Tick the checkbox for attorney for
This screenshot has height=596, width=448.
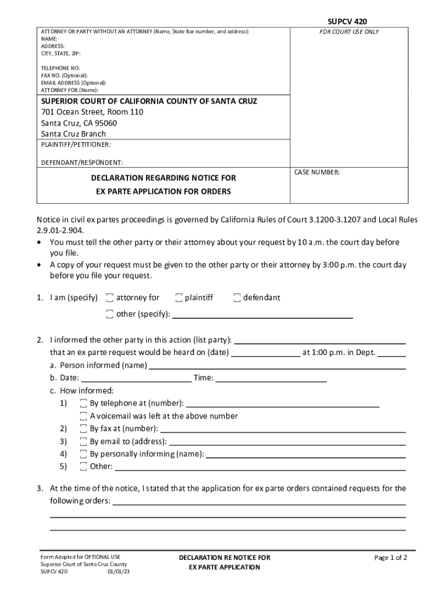click(x=110, y=298)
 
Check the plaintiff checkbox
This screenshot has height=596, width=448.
click(x=179, y=298)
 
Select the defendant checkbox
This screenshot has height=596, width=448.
click(x=237, y=298)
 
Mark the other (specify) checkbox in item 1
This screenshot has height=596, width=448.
click(x=110, y=315)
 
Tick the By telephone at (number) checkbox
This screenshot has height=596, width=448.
click(x=84, y=403)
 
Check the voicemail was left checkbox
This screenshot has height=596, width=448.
click(x=84, y=416)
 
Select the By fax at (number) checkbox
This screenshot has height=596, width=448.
click(x=84, y=429)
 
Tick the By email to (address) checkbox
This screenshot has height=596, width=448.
click(x=84, y=442)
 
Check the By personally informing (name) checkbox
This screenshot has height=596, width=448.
click(x=84, y=454)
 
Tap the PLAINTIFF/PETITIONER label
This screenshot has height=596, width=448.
click(x=76, y=144)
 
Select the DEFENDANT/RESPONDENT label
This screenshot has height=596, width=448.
click(x=81, y=162)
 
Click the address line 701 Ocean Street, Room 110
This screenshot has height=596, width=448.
click(x=92, y=112)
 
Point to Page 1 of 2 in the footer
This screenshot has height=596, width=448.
click(x=390, y=558)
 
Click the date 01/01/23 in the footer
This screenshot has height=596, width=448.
click(x=119, y=572)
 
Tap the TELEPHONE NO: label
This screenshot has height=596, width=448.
click(x=60, y=68)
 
